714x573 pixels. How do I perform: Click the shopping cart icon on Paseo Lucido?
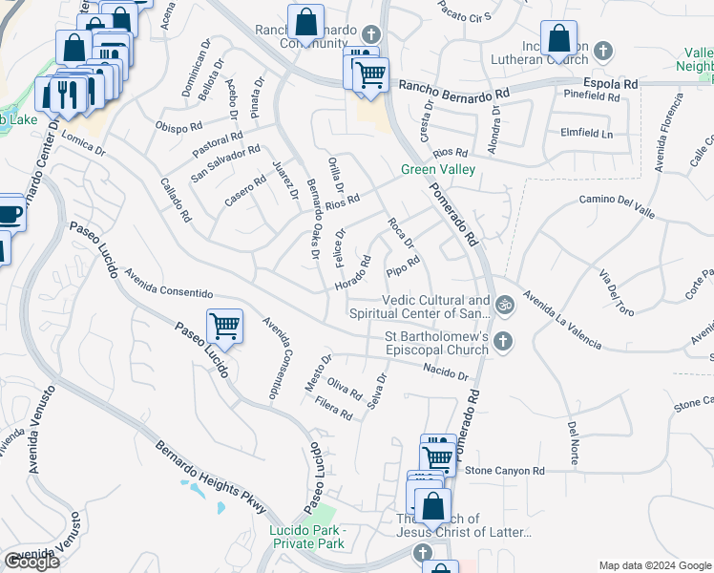click(x=224, y=326)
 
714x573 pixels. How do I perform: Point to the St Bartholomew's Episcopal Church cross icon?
click(x=504, y=341)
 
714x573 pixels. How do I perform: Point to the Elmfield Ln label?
click(x=587, y=134)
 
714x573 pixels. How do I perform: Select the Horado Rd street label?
click(x=352, y=274)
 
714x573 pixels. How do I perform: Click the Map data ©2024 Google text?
click(x=654, y=564)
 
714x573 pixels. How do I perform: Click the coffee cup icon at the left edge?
click(x=10, y=213)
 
